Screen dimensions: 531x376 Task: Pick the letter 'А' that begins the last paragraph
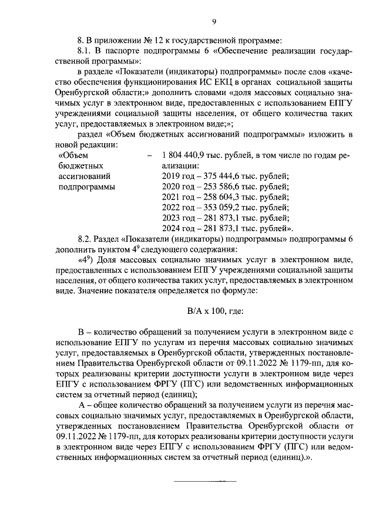pyautogui.click(x=82, y=405)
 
